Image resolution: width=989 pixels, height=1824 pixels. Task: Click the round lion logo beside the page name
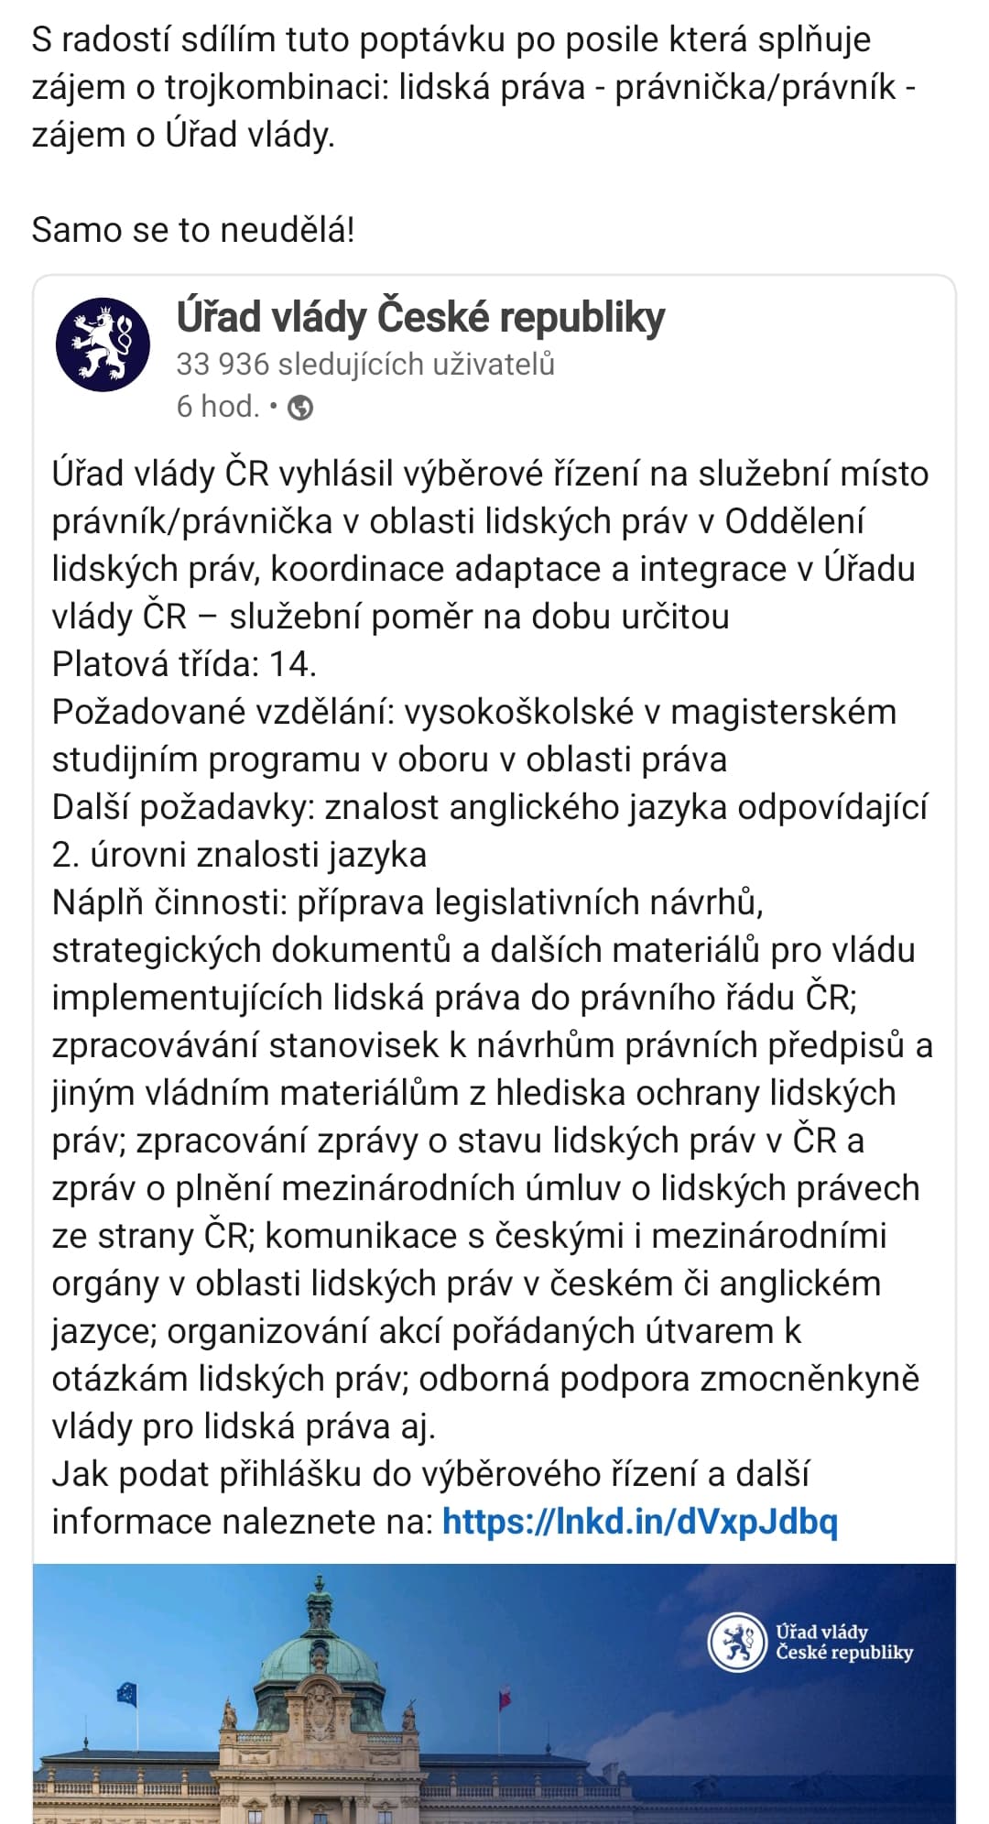(x=103, y=344)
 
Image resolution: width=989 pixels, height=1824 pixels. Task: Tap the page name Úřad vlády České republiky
(x=420, y=317)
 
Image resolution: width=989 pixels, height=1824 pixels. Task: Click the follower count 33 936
(x=223, y=364)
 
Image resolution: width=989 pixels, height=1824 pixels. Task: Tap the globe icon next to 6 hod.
(x=300, y=408)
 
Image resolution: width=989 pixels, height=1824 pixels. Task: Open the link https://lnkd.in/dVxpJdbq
(x=639, y=1522)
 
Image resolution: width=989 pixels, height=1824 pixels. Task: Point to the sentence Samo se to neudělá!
(x=192, y=229)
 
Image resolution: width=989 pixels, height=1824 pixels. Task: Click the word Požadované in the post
(x=140, y=712)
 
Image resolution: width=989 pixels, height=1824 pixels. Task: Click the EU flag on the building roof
(x=126, y=1693)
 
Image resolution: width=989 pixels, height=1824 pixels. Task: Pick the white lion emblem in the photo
(x=736, y=1642)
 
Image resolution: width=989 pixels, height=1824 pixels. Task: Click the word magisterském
(x=783, y=712)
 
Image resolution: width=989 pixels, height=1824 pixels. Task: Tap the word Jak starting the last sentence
(x=81, y=1474)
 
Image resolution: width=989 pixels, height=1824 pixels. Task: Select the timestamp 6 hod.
(x=218, y=406)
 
